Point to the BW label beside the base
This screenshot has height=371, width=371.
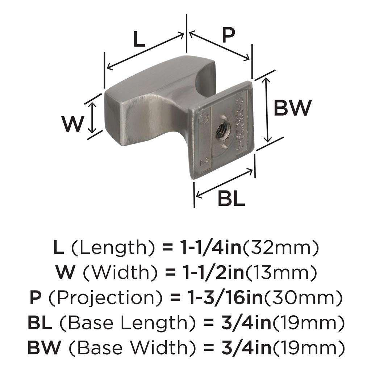pyautogui.click(x=292, y=108)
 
